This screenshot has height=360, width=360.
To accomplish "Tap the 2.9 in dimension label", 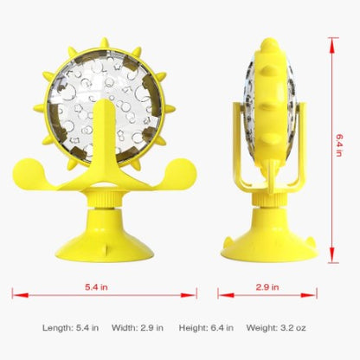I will pos(267,285).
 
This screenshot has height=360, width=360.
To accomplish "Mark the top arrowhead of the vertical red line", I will pos(331,40).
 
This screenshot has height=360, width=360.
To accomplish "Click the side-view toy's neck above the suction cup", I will pos(267,203).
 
